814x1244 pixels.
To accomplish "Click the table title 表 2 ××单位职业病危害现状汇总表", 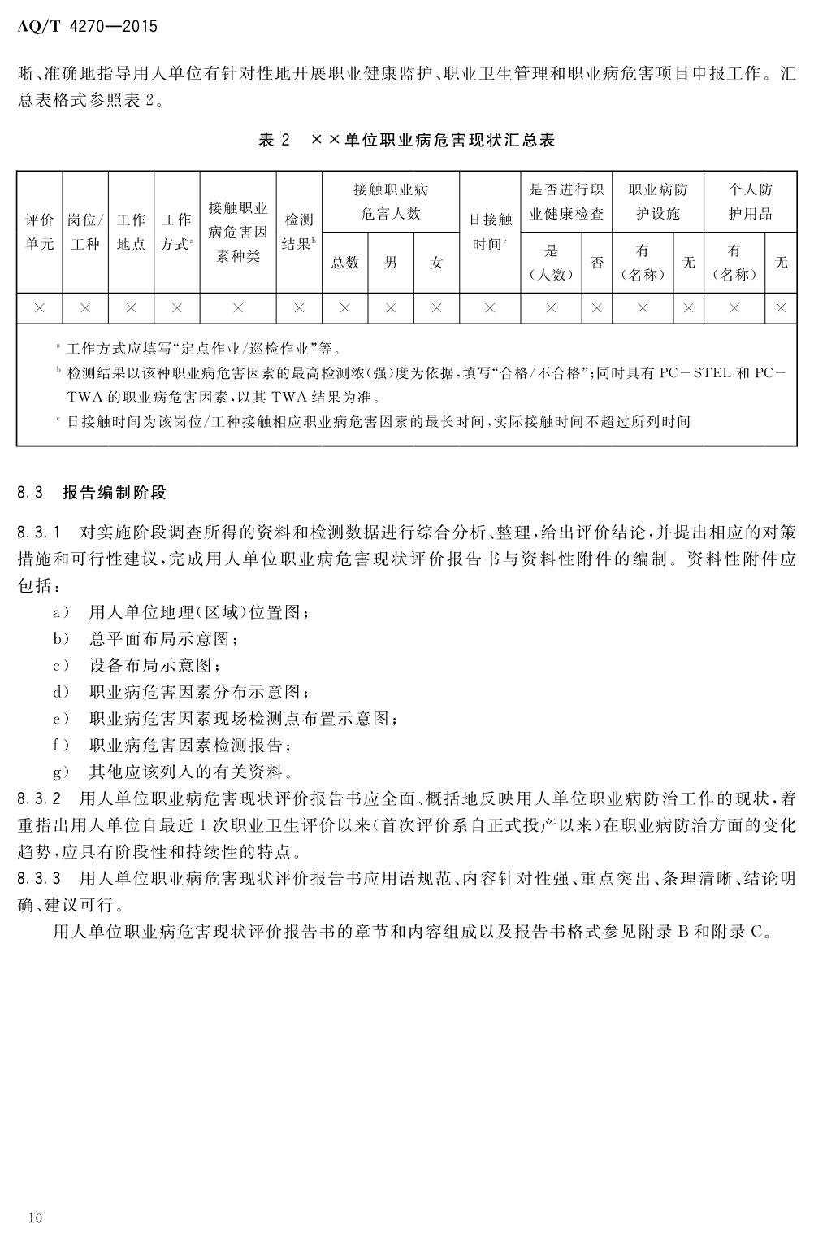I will point(406,140).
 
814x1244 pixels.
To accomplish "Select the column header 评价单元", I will point(39,232).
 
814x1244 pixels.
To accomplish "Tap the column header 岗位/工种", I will point(84,232).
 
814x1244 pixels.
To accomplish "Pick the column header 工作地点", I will point(131,232).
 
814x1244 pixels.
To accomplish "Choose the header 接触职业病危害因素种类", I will point(238,232).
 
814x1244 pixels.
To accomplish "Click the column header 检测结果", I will point(298,232).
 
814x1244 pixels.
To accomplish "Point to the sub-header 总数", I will point(345,263).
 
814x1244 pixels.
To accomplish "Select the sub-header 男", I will point(391,263).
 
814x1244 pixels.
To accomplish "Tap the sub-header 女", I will point(436,263).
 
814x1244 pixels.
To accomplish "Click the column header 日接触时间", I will point(490,232).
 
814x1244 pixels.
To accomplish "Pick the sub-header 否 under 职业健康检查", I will point(597,263).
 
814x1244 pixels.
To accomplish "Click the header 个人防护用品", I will point(750,202).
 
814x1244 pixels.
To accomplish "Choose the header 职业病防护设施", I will point(658,202).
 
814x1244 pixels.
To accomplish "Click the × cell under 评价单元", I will point(39,309).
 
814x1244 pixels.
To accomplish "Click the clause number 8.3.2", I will point(39,798).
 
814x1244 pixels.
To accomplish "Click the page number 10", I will point(34,1217).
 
